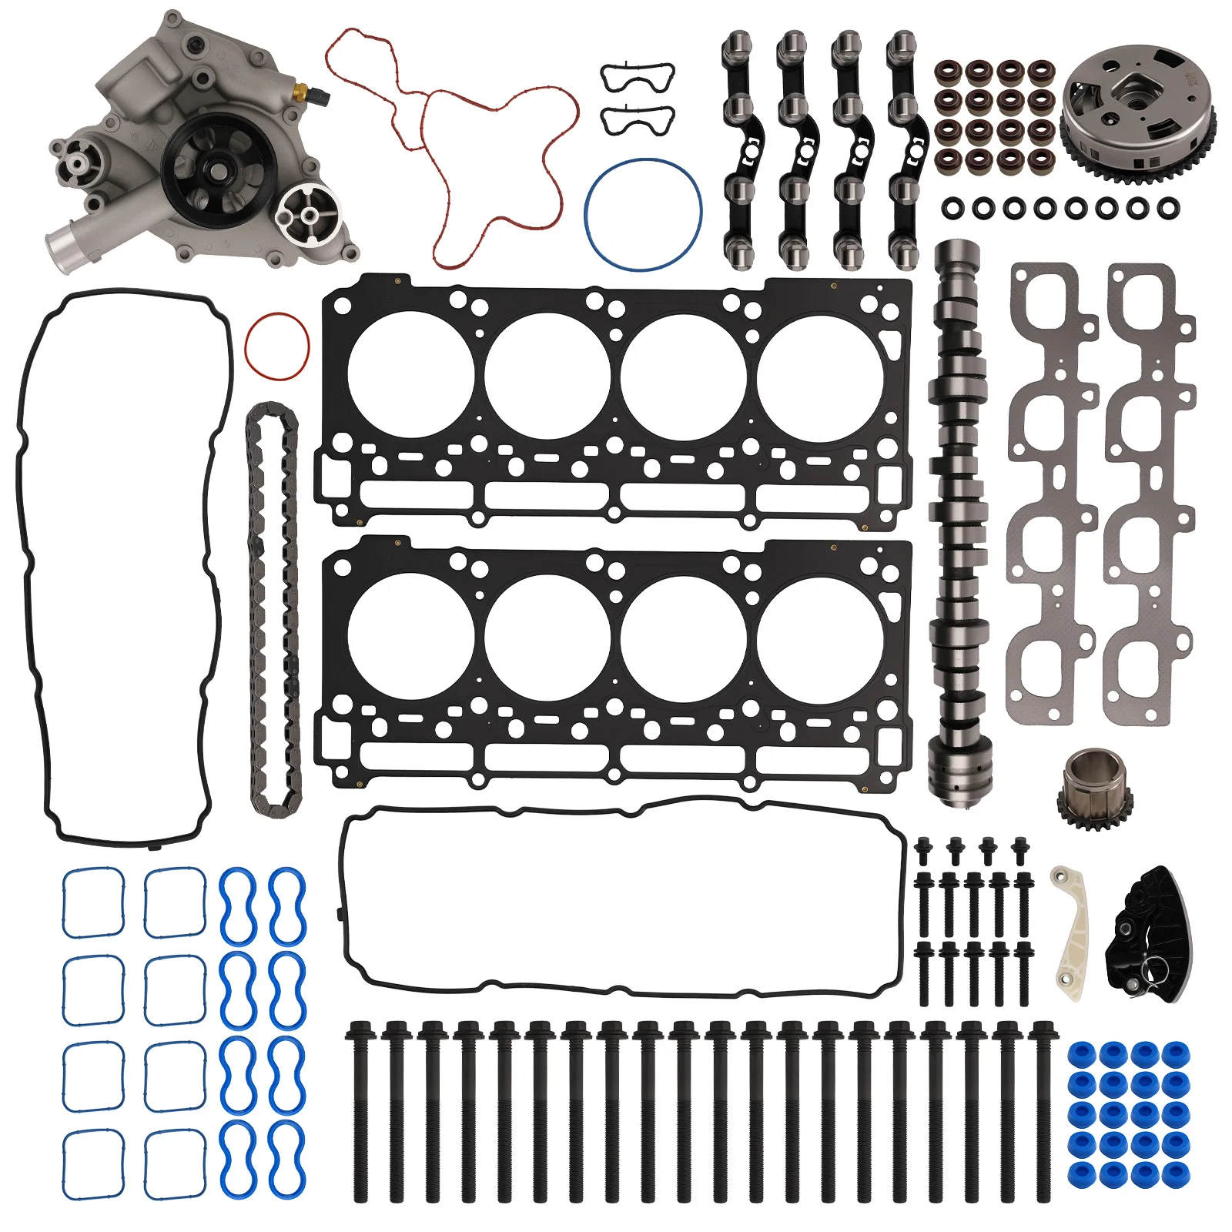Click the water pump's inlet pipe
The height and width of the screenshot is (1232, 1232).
click(x=65, y=244)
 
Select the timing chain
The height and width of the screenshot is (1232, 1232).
click(x=273, y=608)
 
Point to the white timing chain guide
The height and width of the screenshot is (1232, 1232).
click(x=1071, y=932)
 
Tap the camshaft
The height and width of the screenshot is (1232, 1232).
click(x=957, y=524)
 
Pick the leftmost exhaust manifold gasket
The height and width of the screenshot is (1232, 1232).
click(x=1051, y=493)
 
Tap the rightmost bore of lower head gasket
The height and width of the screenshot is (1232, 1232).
click(x=820, y=639)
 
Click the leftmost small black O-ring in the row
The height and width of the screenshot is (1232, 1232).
click(x=952, y=206)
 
